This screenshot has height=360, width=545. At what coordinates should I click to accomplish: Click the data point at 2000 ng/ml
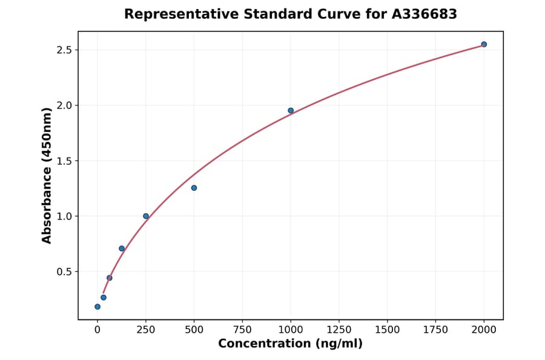point(484,44)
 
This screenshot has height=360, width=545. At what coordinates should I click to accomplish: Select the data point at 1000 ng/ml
point(291,110)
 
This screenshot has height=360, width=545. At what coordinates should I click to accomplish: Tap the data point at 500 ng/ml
point(194,188)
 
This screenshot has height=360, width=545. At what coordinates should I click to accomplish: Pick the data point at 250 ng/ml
point(146,216)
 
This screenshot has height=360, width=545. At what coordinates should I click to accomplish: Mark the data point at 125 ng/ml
point(122,248)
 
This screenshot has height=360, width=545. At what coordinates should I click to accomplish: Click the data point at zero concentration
point(97,307)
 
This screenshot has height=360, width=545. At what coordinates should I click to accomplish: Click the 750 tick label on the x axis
point(242,330)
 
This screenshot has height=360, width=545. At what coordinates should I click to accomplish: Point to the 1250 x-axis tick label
point(339,330)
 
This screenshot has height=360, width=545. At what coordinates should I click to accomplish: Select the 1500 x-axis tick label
point(388,330)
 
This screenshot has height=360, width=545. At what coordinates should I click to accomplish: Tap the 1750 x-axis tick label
point(435,330)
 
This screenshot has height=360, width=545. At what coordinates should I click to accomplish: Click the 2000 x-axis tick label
point(484,330)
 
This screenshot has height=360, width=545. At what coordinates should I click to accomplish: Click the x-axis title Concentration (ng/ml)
point(291,344)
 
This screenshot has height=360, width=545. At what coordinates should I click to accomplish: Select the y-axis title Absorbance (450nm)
point(47,175)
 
